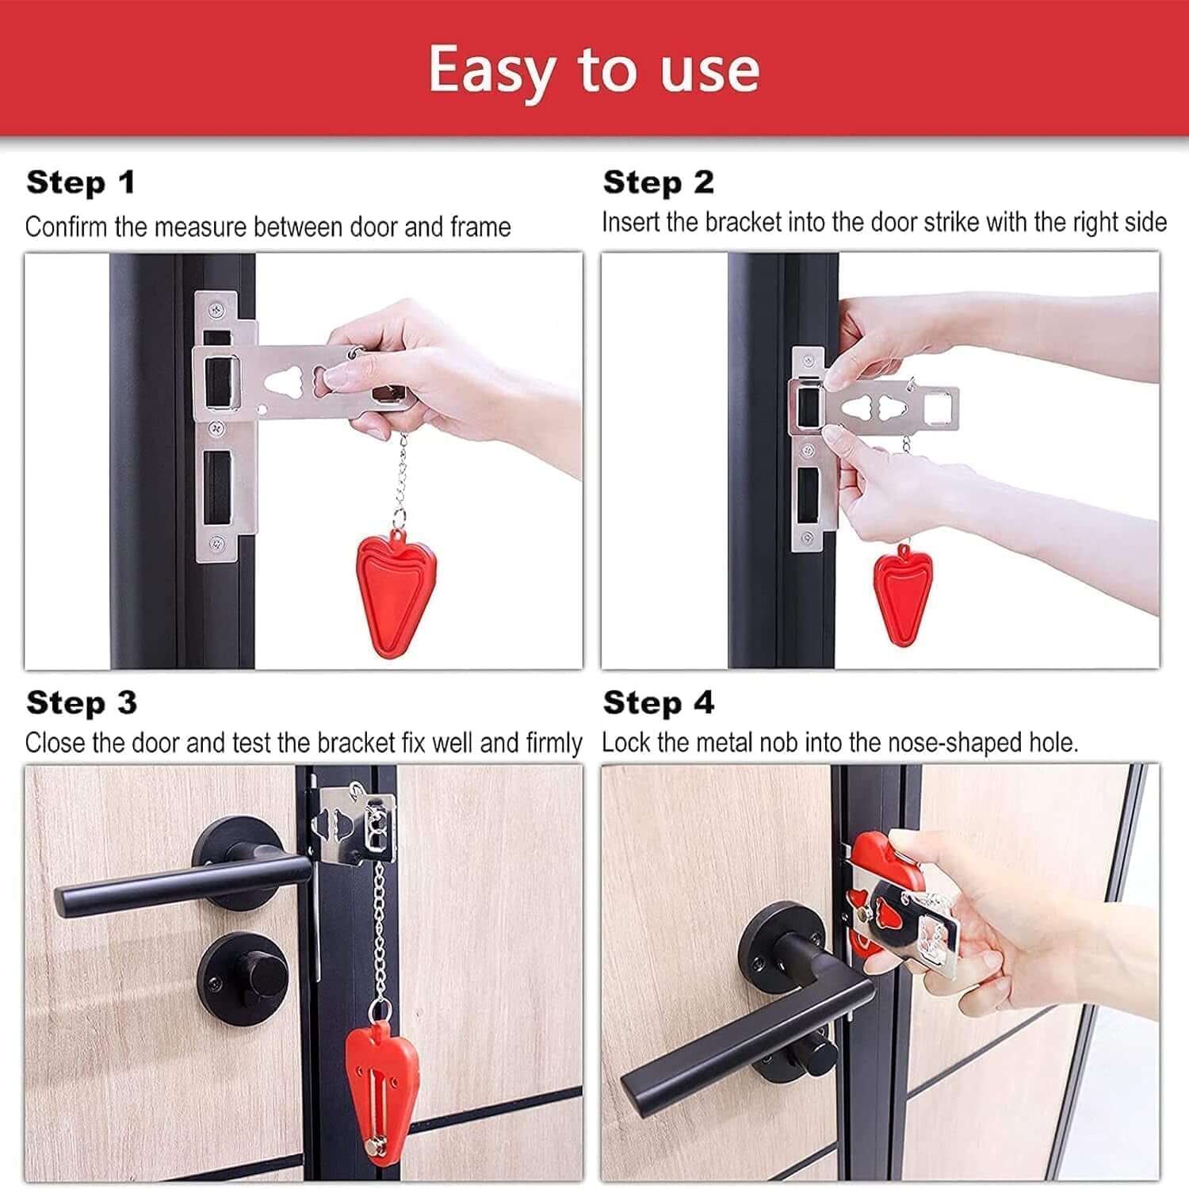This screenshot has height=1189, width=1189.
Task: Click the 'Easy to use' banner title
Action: [594, 70]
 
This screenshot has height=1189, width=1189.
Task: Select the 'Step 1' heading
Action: [81, 183]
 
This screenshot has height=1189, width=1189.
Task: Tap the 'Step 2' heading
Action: [658, 183]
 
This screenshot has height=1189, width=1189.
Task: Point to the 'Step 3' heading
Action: [82, 703]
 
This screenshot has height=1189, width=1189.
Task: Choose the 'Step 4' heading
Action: [658, 703]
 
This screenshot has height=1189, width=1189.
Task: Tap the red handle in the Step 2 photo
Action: [902, 591]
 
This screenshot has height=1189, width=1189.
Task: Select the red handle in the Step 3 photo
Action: [380, 1086]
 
